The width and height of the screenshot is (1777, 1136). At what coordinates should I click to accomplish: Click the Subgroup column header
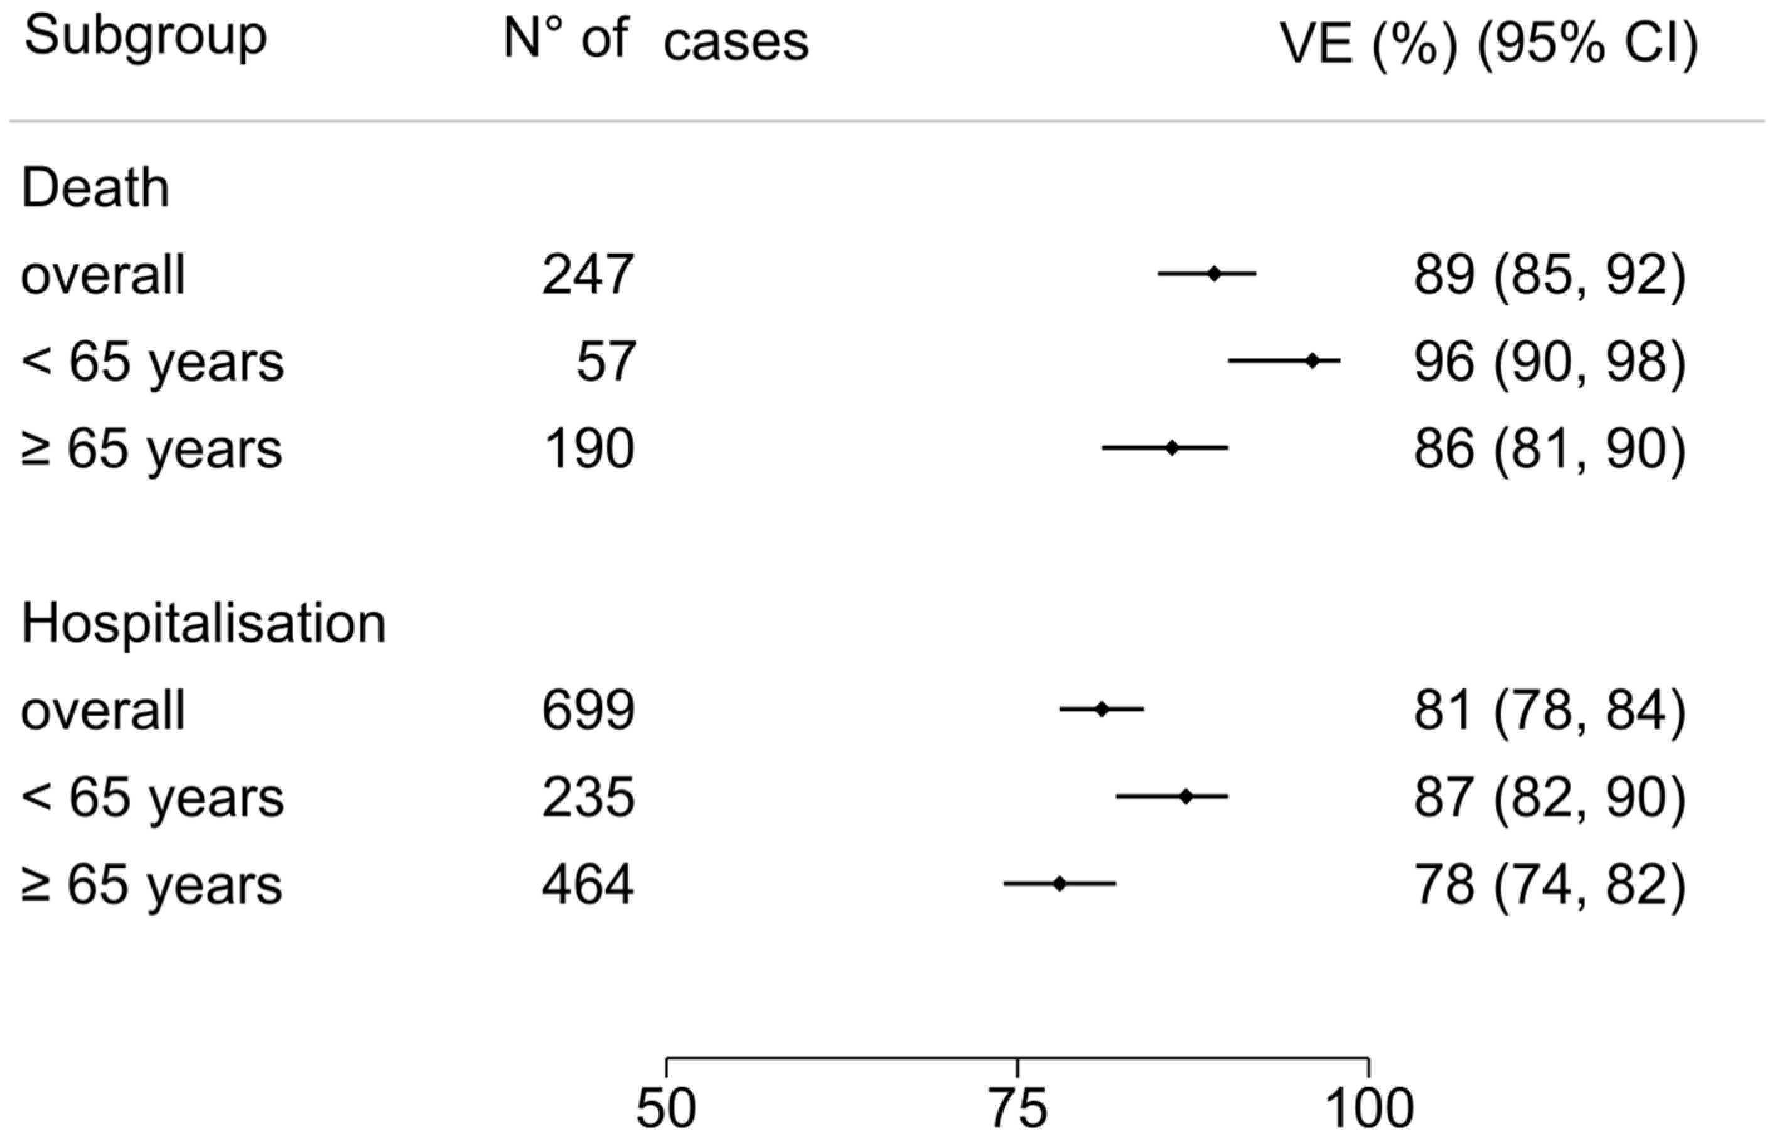146,38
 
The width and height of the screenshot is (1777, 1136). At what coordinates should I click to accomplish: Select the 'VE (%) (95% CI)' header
1488,45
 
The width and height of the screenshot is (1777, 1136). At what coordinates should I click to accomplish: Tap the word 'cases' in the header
736,43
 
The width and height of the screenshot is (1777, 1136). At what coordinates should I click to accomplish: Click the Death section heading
95,188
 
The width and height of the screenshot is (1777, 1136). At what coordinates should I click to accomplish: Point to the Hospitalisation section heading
203,624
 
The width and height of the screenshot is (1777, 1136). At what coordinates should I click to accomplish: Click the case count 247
588,275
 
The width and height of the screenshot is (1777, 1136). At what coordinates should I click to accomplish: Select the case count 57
605,362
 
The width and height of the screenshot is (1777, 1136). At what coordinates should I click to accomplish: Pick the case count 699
588,711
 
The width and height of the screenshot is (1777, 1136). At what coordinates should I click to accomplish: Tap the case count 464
588,885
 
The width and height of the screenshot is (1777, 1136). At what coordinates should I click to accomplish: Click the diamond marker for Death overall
1214,274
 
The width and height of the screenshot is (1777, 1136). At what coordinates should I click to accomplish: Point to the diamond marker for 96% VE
1312,361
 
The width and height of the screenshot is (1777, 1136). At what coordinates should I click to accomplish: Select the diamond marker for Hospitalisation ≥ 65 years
1060,884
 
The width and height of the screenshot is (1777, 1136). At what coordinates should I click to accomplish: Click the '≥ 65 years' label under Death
152,450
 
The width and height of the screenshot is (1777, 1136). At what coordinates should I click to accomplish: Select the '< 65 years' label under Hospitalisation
152,798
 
